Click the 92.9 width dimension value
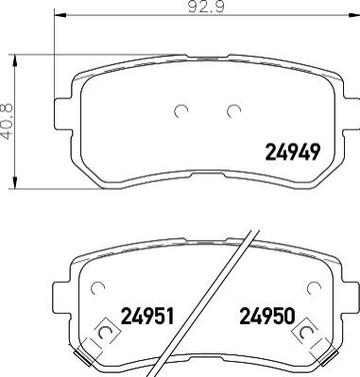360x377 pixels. point(206,7)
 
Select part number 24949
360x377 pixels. point(293,152)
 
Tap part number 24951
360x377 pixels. point(147,316)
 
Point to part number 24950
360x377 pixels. point(267,316)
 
